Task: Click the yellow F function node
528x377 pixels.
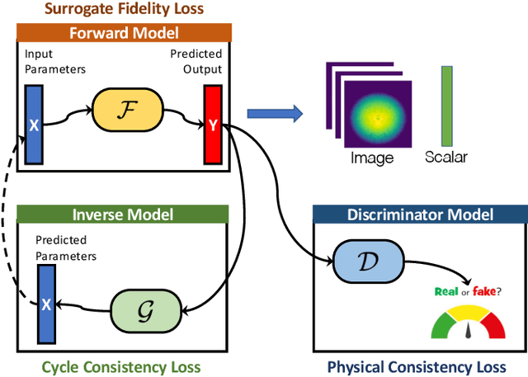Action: pyautogui.click(x=128, y=110)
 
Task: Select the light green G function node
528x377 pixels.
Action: pyautogui.click(x=146, y=310)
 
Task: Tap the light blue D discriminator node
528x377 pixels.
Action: pyautogui.click(x=369, y=262)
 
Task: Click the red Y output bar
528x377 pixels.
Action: pyautogui.click(x=213, y=125)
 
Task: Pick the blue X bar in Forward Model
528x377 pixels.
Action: pyautogui.click(x=34, y=125)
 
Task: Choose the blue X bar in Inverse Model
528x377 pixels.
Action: pyautogui.click(x=46, y=304)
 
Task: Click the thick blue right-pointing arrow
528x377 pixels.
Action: pyautogui.click(x=275, y=114)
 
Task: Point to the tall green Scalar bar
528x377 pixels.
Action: pyautogui.click(x=447, y=106)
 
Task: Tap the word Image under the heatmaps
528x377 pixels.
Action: pyautogui.click(x=372, y=158)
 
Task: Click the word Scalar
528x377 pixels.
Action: pyautogui.click(x=446, y=157)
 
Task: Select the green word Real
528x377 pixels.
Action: pyautogui.click(x=446, y=291)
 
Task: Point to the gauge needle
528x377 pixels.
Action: pyautogui.click(x=468, y=330)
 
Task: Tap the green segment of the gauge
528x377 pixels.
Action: pyautogui.click(x=442, y=326)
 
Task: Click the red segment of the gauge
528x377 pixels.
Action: pyautogui.click(x=493, y=326)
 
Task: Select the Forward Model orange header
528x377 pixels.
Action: pyautogui.click(x=124, y=33)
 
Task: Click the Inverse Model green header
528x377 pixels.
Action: pyautogui.click(x=123, y=214)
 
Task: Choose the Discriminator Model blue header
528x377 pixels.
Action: pyautogui.click(x=420, y=214)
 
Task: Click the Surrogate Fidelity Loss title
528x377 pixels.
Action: pyautogui.click(x=124, y=8)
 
